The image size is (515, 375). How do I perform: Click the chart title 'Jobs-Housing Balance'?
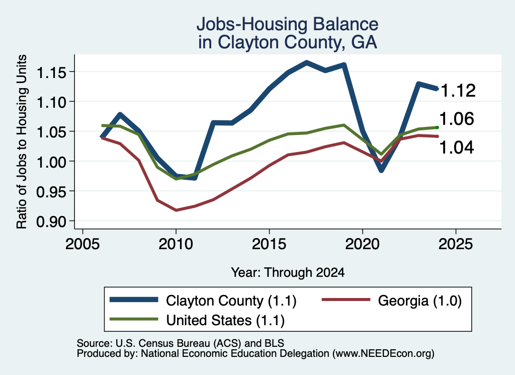287,24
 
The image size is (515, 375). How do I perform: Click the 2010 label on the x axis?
176,244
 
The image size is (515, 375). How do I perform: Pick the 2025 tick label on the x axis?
456,244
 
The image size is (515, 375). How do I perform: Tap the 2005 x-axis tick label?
82,244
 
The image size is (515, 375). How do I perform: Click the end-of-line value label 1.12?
458,91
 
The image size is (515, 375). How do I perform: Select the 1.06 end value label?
457,119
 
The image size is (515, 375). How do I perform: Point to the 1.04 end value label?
457,147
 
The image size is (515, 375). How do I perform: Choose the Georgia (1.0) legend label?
420,301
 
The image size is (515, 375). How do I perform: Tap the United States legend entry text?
225,321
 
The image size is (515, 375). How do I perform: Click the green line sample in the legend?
134,319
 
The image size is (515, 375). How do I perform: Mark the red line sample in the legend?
346,299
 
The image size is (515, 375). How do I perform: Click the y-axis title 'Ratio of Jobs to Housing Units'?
22,141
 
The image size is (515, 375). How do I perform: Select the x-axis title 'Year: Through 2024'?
288,272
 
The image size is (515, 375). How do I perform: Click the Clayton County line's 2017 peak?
306,62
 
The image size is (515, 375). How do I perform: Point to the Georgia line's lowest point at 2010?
176,210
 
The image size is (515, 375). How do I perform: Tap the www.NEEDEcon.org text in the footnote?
383,354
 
